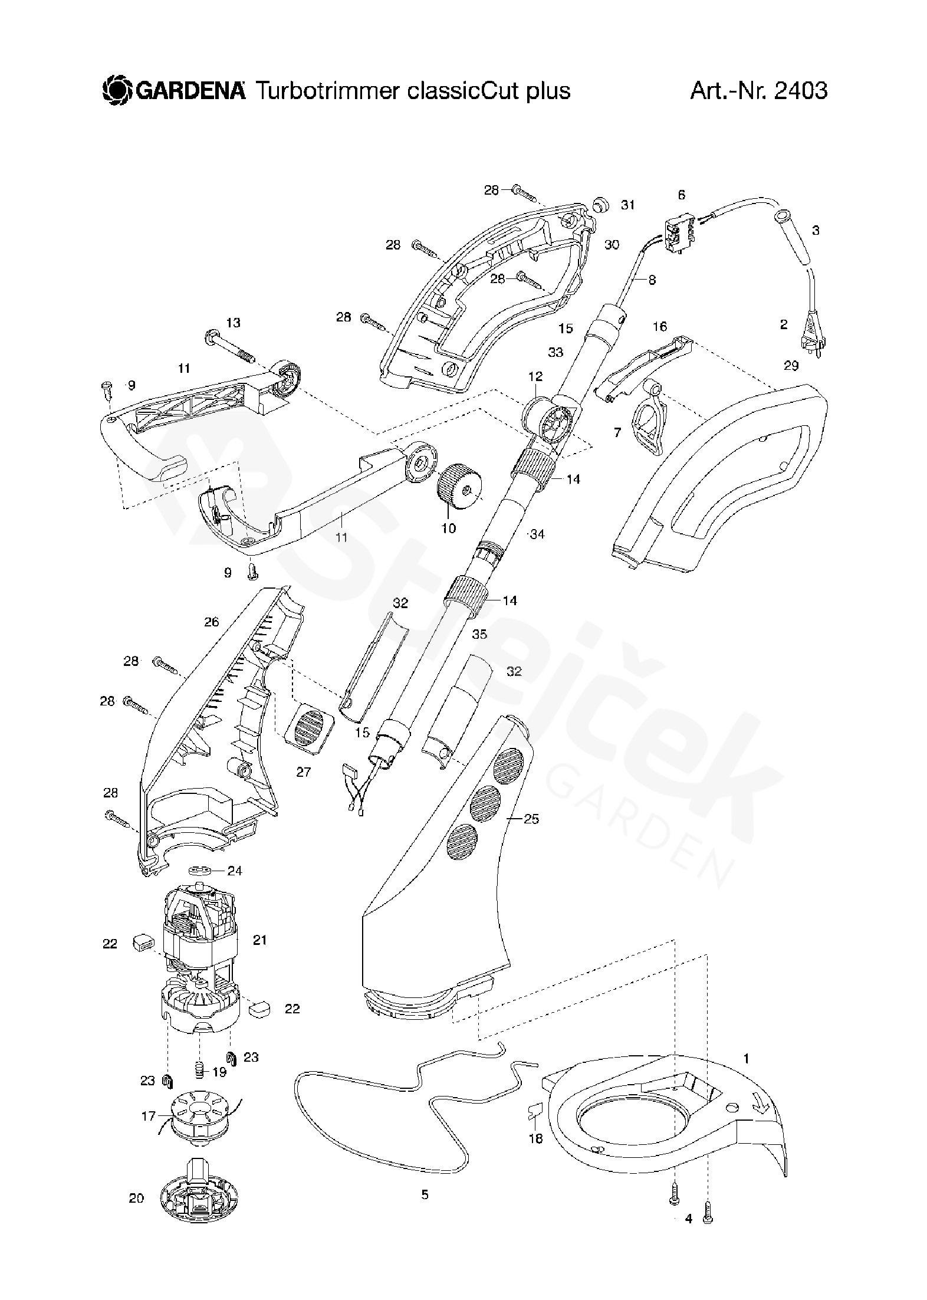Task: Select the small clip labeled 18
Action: coord(534,1111)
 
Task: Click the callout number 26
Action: coord(211,621)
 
